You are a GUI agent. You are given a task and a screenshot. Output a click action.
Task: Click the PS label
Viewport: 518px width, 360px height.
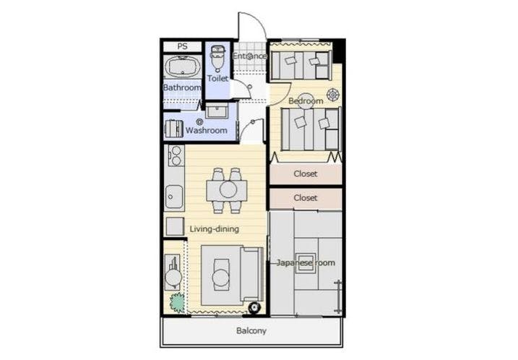click(182, 46)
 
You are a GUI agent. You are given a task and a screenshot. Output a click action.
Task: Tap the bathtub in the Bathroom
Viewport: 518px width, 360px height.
click(183, 67)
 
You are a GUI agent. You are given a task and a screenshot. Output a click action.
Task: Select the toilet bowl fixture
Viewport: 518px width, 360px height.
click(217, 58)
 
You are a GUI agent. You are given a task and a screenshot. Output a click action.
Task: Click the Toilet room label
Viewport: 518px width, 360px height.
click(217, 78)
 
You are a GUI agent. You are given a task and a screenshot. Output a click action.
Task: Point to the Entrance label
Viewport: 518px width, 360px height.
click(250, 56)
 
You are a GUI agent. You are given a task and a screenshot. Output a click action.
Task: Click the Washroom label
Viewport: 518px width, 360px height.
click(207, 130)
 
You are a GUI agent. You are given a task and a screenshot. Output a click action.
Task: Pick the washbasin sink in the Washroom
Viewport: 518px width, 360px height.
click(217, 111)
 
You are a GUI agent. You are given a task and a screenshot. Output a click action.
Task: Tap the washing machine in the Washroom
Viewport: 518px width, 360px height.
click(174, 128)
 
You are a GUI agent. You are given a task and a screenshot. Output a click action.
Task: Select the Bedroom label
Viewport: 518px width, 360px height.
click(306, 100)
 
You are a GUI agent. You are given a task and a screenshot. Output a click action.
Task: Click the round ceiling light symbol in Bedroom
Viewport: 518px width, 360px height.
click(332, 95)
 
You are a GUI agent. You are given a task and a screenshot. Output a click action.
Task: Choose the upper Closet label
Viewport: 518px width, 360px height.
click(306, 173)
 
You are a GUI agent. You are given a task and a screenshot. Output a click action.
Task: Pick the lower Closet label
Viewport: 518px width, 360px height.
click(306, 197)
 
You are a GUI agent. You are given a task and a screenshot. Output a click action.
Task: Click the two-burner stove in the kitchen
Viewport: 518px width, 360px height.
click(176, 155)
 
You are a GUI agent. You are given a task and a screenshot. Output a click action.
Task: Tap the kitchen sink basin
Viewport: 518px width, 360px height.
click(174, 197)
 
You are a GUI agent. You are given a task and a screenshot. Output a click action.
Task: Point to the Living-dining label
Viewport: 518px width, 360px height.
click(214, 228)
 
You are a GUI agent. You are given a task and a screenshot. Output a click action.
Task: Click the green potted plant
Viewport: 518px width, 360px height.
click(178, 302)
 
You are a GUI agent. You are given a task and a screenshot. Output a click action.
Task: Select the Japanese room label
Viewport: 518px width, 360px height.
click(306, 263)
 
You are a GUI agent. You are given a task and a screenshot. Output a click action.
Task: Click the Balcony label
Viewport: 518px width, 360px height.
click(251, 330)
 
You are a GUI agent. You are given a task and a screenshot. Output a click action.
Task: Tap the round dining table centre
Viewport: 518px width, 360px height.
click(228, 190)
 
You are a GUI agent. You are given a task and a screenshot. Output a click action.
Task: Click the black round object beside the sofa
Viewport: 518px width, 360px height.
click(254, 308)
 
